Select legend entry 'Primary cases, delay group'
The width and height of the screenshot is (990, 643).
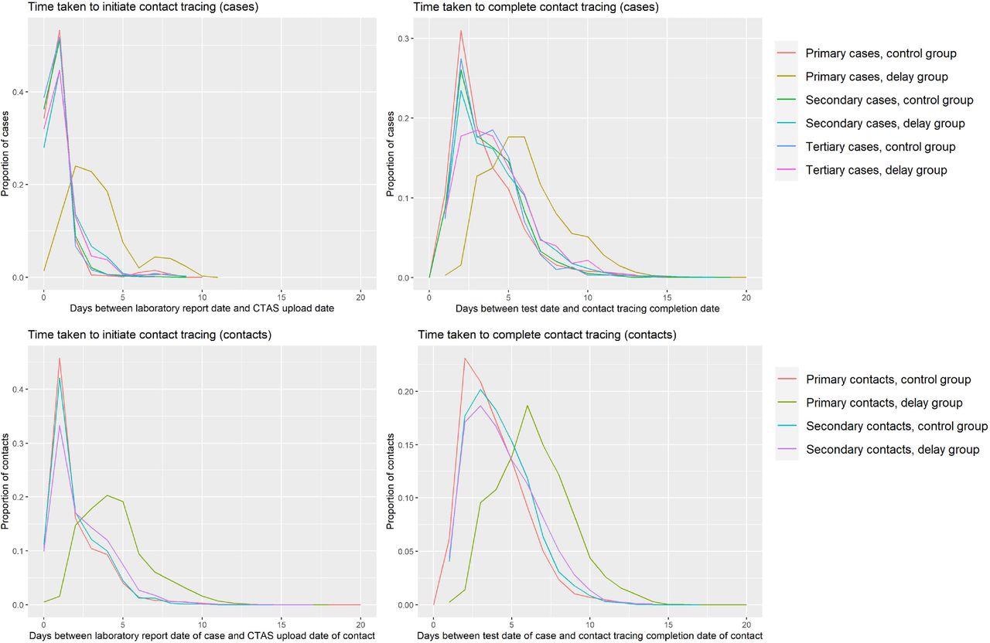tap(876, 77)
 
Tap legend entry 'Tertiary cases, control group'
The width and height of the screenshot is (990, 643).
tap(880, 147)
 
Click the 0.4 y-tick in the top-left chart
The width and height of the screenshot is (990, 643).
tap(18, 92)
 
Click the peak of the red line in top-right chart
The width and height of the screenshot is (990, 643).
tap(461, 31)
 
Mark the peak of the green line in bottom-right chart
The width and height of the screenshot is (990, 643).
tap(527, 405)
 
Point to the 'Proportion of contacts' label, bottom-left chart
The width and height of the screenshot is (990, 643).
tap(7, 480)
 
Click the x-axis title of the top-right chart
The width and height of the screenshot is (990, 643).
tap(587, 308)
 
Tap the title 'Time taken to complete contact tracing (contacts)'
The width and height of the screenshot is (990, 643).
tap(547, 335)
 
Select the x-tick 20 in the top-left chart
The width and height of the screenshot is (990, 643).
tap(360, 296)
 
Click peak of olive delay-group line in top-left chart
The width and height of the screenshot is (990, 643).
tap(75, 165)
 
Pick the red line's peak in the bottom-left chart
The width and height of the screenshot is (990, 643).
tap(60, 358)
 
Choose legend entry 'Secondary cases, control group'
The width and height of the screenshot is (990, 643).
tap(889, 100)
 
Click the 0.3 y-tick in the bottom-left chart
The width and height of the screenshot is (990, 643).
tap(18, 443)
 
